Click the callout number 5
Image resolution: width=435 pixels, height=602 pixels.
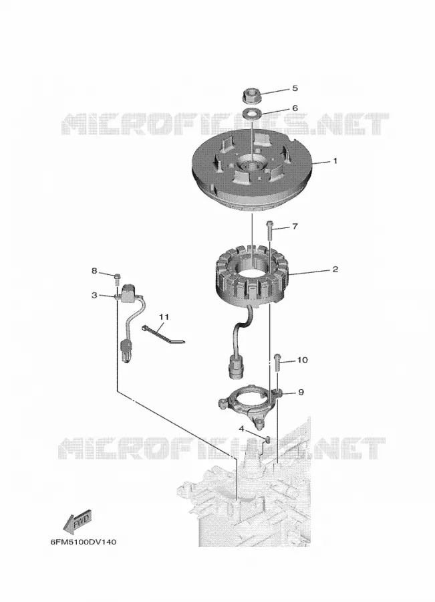pos(295,88)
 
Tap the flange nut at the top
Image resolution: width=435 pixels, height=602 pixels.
pos(252,96)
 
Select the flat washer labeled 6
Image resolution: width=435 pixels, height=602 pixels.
pos(252,113)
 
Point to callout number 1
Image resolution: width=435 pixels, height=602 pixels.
pos(335,161)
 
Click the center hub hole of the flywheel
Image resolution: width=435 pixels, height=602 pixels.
pos(252,165)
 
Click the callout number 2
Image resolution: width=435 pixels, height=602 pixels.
pos(335,269)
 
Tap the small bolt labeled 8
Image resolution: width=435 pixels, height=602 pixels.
pos(118,279)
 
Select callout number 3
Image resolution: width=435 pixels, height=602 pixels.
pos(94,295)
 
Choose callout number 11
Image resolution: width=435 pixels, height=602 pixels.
pos(164,317)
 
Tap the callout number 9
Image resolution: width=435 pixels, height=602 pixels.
pos(301,392)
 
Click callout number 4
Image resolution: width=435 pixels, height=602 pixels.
pos(241,428)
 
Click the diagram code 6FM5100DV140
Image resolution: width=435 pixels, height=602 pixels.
pos(84,542)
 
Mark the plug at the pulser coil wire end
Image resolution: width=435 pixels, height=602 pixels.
pos(126,350)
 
